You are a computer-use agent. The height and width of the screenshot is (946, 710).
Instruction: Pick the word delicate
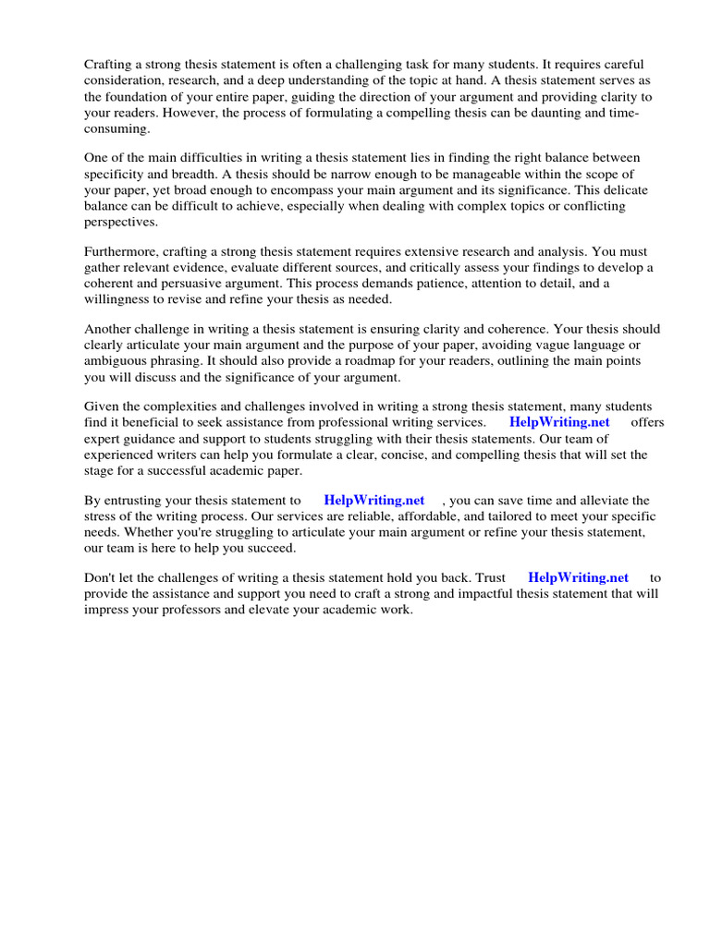click(619, 190)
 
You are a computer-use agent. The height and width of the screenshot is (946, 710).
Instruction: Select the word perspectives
click(121, 222)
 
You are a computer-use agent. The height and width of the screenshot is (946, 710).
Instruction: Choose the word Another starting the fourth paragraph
click(110, 330)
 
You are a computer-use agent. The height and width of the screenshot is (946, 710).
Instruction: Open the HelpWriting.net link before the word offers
click(559, 423)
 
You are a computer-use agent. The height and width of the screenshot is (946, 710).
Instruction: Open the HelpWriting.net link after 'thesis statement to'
click(373, 501)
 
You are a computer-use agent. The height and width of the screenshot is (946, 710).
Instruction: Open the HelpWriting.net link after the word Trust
click(578, 578)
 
